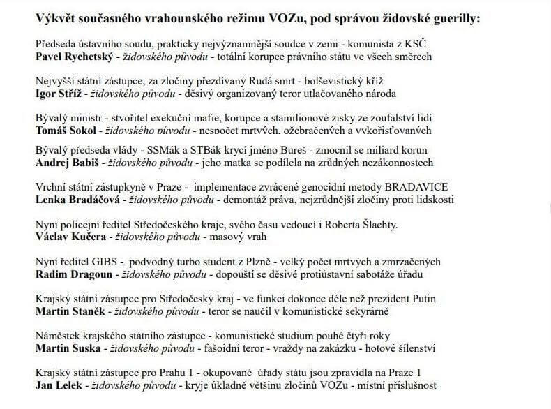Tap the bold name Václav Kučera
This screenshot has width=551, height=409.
[68, 237]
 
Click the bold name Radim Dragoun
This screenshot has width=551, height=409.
[72, 274]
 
